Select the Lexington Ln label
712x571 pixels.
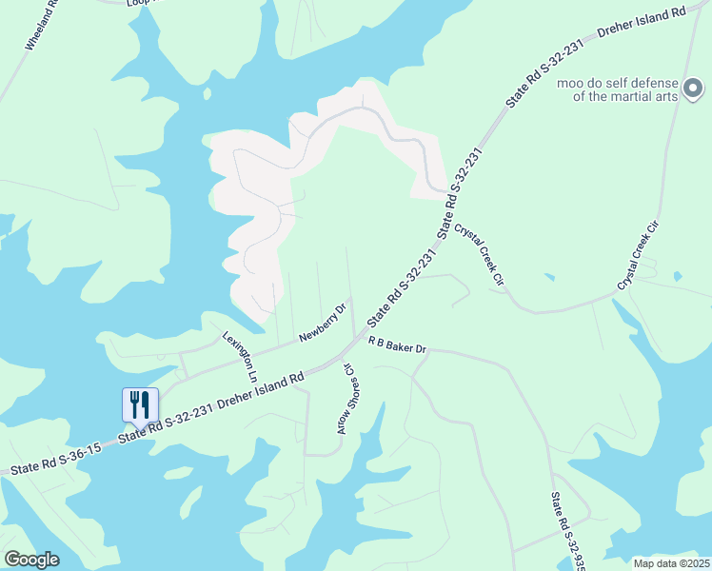coord(241,357)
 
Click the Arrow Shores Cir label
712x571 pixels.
coord(344,399)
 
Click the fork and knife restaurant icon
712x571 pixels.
coord(140,404)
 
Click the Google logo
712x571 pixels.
coord(31,559)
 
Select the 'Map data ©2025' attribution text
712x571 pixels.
coord(670,562)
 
